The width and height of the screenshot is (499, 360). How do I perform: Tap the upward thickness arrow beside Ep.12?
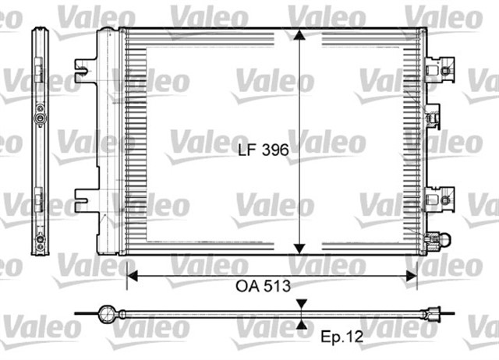(302, 322)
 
